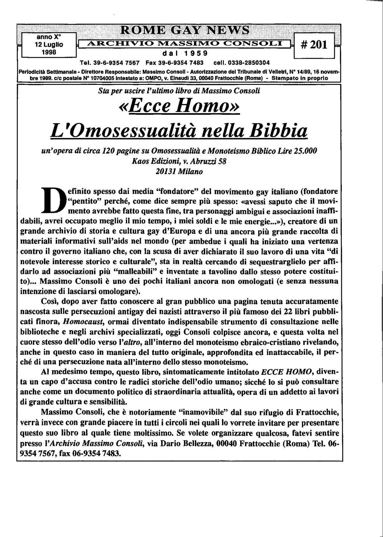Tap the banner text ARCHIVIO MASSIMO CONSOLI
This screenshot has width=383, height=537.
pyautogui.click(x=184, y=44)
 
